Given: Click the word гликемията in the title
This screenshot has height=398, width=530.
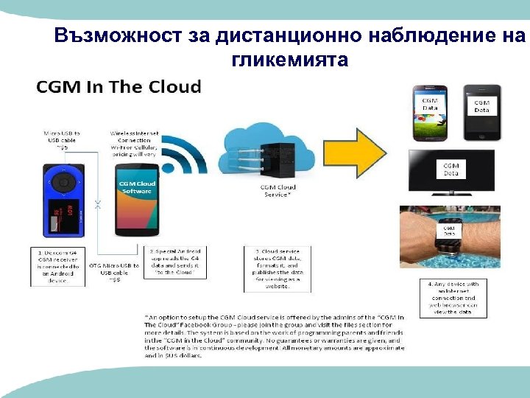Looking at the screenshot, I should [x=289, y=59].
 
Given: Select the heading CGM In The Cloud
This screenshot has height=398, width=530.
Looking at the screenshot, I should [x=119, y=86].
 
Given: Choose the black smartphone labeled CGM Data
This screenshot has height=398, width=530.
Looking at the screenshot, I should [x=481, y=111].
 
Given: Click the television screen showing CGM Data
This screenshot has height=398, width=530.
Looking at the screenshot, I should [x=451, y=172].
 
